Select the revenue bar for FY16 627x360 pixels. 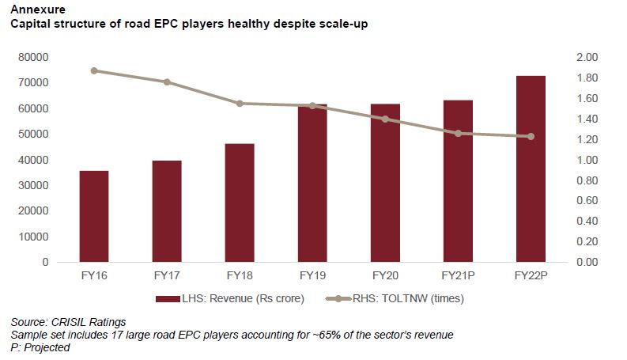pos(94,216)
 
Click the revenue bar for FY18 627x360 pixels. pos(240,203)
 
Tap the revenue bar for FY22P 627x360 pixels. pos(531,169)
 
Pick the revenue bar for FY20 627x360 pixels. pos(385,183)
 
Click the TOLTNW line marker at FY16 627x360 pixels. pos(94,70)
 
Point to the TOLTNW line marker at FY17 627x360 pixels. pos(167,82)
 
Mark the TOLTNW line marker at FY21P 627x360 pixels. pos(458,134)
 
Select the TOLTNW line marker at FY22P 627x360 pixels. pos(531,136)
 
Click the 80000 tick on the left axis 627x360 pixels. pos(34,58)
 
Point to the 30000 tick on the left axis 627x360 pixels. pos(34,185)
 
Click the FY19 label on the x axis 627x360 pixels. pos(312,276)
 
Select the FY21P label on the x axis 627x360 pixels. pos(458,276)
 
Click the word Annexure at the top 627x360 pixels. pos(36,9)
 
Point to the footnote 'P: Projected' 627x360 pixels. pos(40,347)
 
